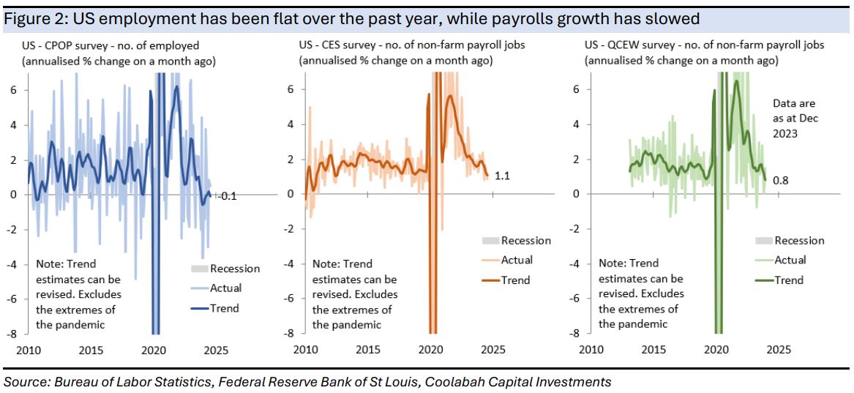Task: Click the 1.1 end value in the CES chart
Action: pyautogui.click(x=503, y=176)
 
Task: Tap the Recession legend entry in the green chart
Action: pyautogui.click(x=799, y=241)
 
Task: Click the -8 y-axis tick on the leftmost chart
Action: pyautogui.click(x=12, y=333)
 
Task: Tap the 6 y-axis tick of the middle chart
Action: pyautogui.click(x=290, y=89)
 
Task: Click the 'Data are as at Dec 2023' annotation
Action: pyautogui.click(x=794, y=119)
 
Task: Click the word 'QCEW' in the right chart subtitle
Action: pyautogui.click(x=630, y=45)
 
